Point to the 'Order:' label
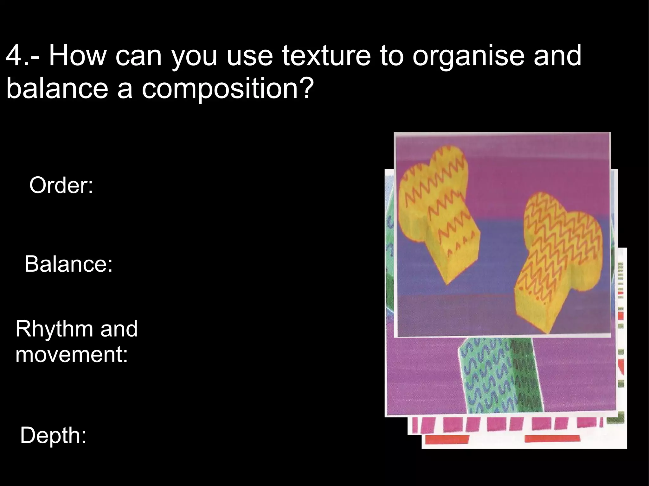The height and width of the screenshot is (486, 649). pyautogui.click(x=61, y=185)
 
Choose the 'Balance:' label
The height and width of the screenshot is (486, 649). pyautogui.click(x=68, y=264)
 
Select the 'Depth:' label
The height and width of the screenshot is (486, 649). pyautogui.click(x=53, y=435)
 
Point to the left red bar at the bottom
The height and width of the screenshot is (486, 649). pyautogui.click(x=447, y=440)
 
